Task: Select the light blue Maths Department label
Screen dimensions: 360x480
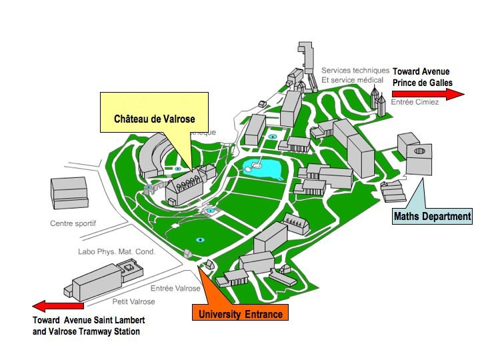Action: click(432, 216)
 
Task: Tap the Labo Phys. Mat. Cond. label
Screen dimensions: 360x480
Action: click(116, 251)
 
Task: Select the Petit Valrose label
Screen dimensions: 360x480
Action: click(133, 301)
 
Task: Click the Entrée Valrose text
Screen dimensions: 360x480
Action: click(175, 288)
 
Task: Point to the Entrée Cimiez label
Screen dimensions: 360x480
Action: click(415, 105)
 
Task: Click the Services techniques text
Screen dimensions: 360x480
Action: click(355, 70)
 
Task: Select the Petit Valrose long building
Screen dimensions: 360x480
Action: click(100, 280)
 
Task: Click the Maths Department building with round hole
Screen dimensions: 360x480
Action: click(415, 154)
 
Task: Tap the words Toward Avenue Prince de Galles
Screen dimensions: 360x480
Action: click(422, 77)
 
